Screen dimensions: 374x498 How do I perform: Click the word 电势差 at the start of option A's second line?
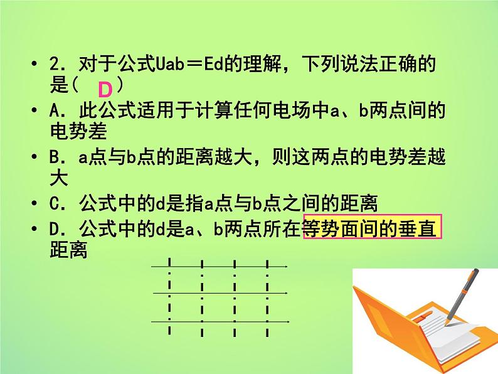pyautogui.click(x=78, y=132)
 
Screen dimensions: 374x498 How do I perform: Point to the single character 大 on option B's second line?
pyautogui.click(x=58, y=179)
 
